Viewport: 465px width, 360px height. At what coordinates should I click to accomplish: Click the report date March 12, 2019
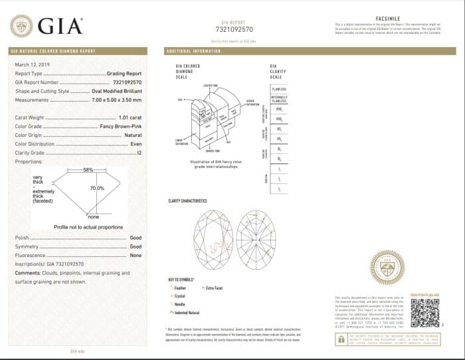(x=32, y=64)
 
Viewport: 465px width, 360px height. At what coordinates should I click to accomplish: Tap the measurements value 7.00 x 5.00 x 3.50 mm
(x=116, y=100)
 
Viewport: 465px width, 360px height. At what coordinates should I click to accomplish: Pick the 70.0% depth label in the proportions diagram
(x=97, y=188)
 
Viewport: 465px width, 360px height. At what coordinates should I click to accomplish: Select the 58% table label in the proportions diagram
(x=88, y=171)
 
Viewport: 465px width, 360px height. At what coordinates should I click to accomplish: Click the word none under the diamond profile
(x=93, y=217)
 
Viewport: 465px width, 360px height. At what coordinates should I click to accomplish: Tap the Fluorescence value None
(x=136, y=255)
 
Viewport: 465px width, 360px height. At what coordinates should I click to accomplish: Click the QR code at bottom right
(x=424, y=311)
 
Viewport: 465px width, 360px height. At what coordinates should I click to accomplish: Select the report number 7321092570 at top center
(x=234, y=30)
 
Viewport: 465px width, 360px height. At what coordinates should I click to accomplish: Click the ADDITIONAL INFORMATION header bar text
(x=193, y=51)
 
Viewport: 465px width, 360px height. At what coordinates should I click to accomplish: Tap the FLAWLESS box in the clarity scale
(x=279, y=88)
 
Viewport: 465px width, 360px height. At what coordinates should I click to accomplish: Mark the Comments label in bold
(x=29, y=273)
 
